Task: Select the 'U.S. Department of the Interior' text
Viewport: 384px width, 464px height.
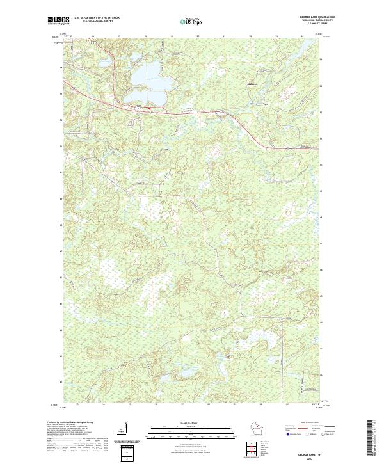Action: tap(97, 18)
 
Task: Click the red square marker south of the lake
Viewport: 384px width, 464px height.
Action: tap(150, 108)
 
